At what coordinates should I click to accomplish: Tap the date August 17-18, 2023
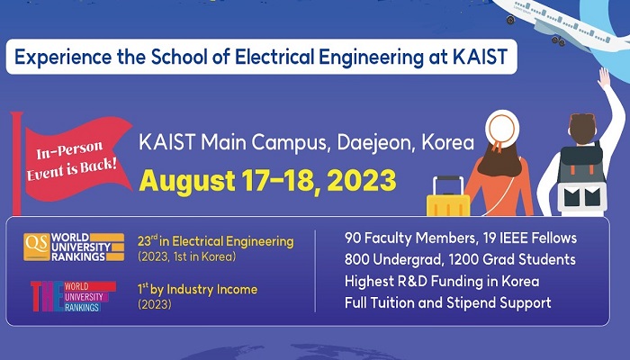coord(267,179)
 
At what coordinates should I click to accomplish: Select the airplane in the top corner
coord(586,22)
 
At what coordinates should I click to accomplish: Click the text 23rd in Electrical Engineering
coord(216,240)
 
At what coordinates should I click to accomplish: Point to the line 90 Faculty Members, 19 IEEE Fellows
coord(460,238)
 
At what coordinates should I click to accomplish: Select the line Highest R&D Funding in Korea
coord(441,281)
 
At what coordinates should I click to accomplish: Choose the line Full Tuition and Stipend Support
coord(447,302)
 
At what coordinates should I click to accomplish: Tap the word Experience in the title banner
coord(57,58)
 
